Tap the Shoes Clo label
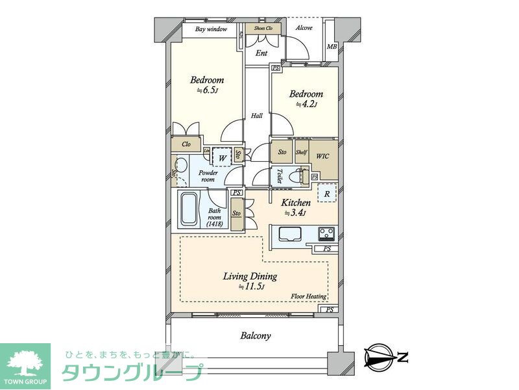click(x=263, y=29)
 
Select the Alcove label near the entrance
click(x=304, y=28)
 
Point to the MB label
click(x=332, y=47)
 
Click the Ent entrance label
click(x=261, y=53)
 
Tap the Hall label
click(x=257, y=116)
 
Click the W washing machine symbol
click(x=222, y=157)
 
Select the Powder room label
click(x=208, y=176)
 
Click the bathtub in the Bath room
click(x=189, y=209)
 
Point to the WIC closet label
click(x=323, y=157)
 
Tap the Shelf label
click(x=301, y=152)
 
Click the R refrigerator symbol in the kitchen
click(x=326, y=193)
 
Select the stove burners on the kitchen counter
click(x=326, y=232)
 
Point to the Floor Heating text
click(x=308, y=296)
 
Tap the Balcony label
click(x=256, y=336)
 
